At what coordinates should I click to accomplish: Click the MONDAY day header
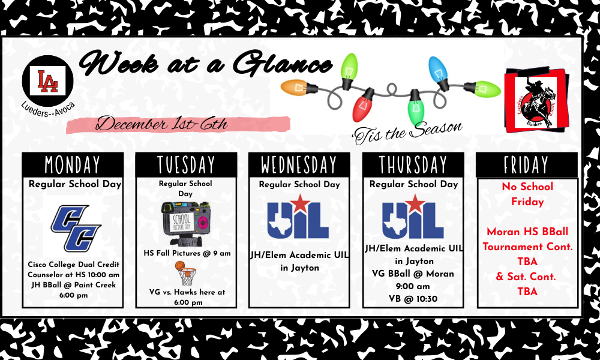coord(73,164)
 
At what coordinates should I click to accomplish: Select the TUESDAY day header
coord(186,164)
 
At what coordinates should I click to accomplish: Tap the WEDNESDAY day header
coord(299,164)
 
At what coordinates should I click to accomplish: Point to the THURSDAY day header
coord(413,164)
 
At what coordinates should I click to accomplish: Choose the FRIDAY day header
coord(526,164)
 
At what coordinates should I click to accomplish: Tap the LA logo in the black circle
coord(47,82)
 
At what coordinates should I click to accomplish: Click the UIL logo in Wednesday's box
coord(298,217)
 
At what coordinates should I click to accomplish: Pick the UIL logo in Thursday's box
coord(413,217)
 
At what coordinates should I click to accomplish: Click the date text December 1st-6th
coord(162,124)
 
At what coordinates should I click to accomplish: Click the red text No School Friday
coord(527,194)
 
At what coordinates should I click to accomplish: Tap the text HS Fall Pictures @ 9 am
coord(187,253)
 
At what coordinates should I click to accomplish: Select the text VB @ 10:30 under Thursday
coord(412,299)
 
